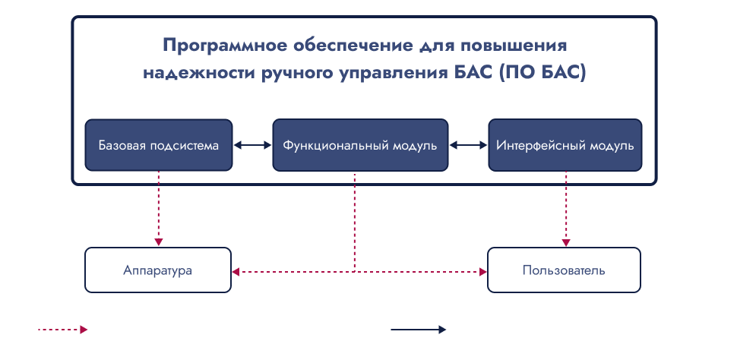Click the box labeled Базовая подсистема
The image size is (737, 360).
158,145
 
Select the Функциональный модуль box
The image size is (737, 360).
360,145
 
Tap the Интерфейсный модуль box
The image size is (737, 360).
565,145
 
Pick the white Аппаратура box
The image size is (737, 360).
158,270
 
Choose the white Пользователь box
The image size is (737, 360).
564,270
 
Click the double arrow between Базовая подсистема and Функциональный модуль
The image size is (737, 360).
252,145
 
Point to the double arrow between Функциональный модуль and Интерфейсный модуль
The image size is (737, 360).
468,145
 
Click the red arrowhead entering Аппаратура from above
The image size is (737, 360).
158,242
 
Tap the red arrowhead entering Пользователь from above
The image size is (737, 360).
566,242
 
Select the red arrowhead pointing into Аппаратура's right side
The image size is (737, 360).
236,272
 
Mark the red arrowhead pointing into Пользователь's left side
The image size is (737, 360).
482,272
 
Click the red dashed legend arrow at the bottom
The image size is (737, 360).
62,330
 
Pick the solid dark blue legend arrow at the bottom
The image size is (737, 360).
419,330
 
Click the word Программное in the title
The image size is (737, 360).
223,46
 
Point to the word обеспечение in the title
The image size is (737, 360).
344,46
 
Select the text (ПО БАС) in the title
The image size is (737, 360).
542,74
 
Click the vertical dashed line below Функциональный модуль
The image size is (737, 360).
354,221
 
